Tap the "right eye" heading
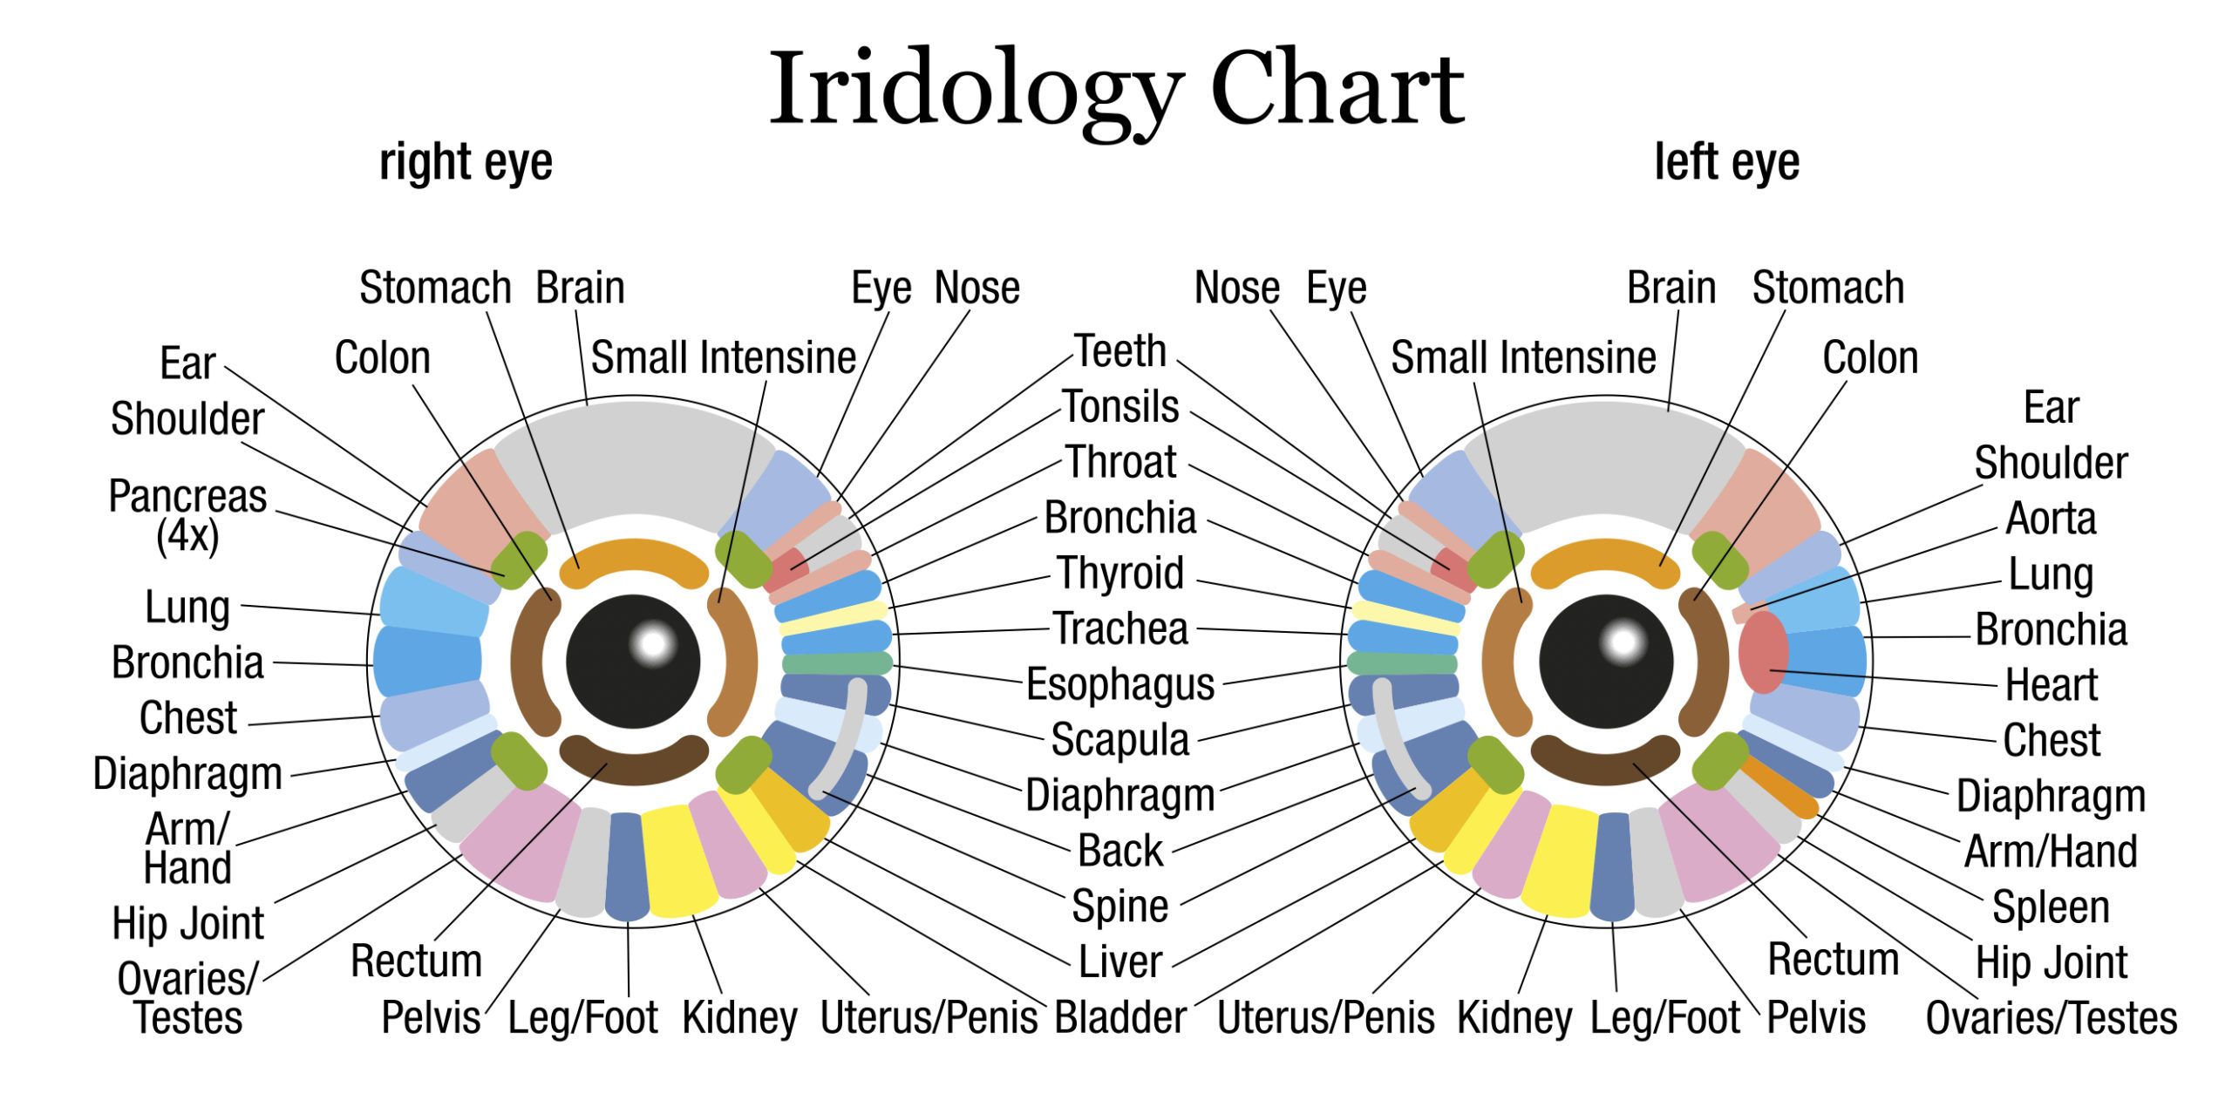(x=466, y=162)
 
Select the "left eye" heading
(x=1727, y=162)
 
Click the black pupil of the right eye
(x=633, y=662)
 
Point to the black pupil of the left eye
(x=1606, y=662)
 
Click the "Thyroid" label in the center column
(x=1121, y=574)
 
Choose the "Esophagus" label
(x=1120, y=684)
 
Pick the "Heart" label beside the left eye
(x=2052, y=684)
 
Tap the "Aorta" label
(x=2051, y=519)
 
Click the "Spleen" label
(x=2051, y=907)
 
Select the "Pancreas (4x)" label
(x=187, y=516)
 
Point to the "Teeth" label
(x=1120, y=351)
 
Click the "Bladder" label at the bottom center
(x=1120, y=1017)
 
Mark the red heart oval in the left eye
(x=1763, y=652)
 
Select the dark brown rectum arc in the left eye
(x=1606, y=757)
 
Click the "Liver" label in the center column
(x=1120, y=961)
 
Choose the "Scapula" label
(x=1120, y=740)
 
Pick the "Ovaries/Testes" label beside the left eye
(x=2052, y=1017)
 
